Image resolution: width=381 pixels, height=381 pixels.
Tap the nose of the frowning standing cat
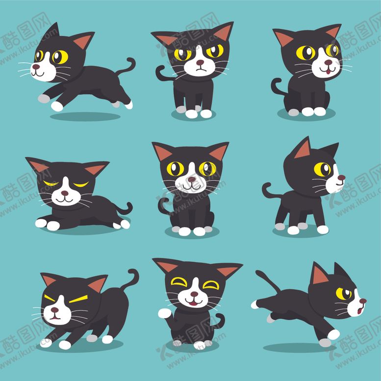click(200, 63)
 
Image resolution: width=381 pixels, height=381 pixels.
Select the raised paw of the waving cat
click(164, 313)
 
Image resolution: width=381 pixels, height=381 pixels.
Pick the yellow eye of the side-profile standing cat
click(322, 169)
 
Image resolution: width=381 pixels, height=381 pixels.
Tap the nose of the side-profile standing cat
click(342, 178)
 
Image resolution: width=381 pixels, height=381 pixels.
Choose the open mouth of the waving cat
click(195, 303)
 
